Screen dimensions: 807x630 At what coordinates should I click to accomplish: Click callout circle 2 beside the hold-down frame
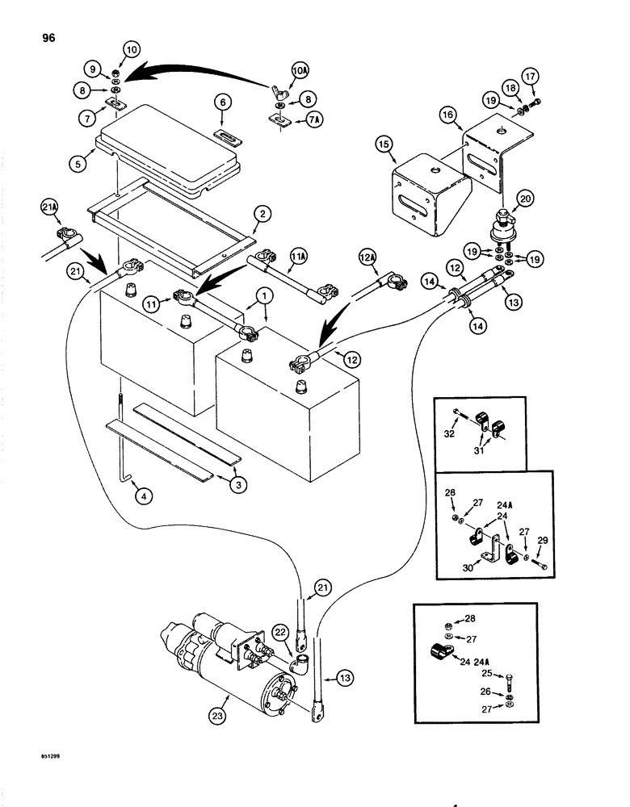click(x=261, y=214)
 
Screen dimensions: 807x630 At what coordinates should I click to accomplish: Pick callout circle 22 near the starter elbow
click(x=279, y=631)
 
